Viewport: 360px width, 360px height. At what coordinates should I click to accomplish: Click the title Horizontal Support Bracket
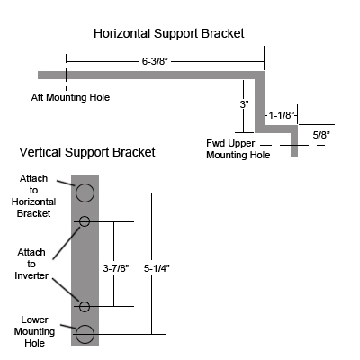168,33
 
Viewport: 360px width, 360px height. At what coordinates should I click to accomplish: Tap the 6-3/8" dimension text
158,61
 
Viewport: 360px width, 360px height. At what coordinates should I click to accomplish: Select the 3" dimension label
244,104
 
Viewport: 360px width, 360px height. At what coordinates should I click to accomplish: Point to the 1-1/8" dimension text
283,115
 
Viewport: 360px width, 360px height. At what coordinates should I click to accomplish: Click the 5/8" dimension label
320,135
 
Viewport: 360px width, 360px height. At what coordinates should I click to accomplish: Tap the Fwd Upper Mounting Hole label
238,148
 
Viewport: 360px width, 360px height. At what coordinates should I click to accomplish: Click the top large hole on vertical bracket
85,193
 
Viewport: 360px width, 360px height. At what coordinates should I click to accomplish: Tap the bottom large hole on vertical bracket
85,335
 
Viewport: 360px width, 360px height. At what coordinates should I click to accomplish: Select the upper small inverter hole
85,221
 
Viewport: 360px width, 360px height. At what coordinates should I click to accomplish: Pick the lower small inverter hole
85,307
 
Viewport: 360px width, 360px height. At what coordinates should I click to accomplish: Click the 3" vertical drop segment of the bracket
261,103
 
